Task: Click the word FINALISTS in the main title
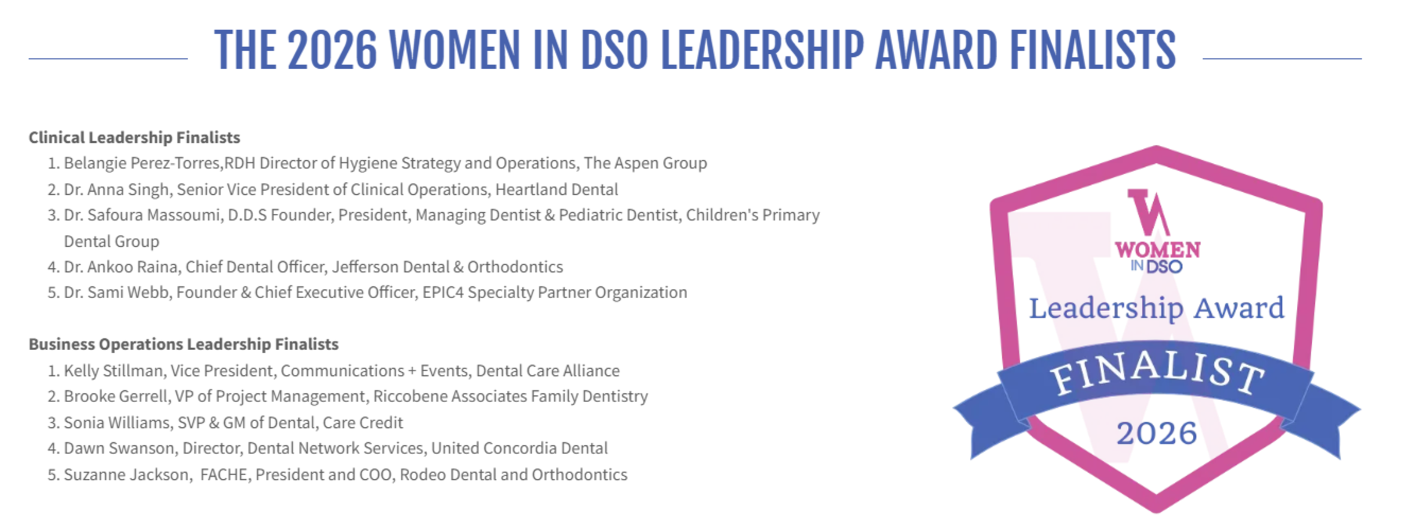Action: (1093, 49)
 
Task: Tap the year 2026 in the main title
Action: (332, 49)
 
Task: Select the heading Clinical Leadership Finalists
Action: (134, 137)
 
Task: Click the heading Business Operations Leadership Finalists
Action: (184, 344)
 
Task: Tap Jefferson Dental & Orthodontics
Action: (448, 267)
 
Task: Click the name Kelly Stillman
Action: (113, 370)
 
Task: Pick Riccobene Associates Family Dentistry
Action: (511, 396)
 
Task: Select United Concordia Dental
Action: (519, 448)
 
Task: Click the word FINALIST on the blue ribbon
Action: (1157, 374)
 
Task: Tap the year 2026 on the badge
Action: (1156, 433)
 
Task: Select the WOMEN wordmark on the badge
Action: (1158, 250)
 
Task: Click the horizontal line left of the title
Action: (108, 59)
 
